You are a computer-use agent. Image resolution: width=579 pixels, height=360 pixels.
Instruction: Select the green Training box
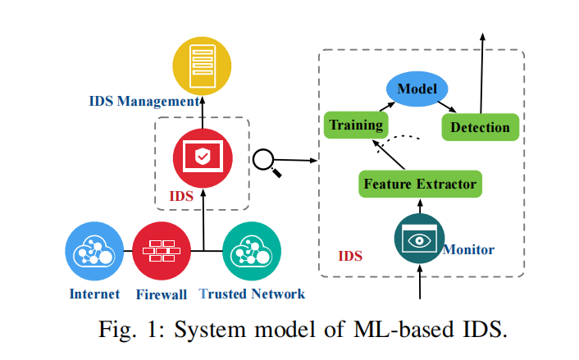355,125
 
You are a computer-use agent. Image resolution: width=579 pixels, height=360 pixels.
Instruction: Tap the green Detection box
481,127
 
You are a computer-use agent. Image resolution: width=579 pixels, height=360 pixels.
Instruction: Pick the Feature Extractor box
420,183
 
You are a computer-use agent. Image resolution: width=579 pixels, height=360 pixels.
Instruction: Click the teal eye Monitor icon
420,239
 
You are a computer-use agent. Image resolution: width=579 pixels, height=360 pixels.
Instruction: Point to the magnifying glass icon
267,162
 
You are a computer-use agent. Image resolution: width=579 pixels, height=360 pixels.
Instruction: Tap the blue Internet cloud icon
94,252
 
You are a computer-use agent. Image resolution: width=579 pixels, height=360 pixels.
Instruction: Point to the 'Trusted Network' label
252,294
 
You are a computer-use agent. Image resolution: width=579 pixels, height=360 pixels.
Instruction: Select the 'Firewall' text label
160,294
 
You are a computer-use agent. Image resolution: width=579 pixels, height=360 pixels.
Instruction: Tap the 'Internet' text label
94,294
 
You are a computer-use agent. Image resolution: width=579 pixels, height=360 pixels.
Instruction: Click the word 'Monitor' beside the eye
468,248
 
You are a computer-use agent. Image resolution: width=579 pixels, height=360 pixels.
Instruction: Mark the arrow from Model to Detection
447,106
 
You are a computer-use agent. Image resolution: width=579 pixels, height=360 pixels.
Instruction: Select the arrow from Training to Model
381,107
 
